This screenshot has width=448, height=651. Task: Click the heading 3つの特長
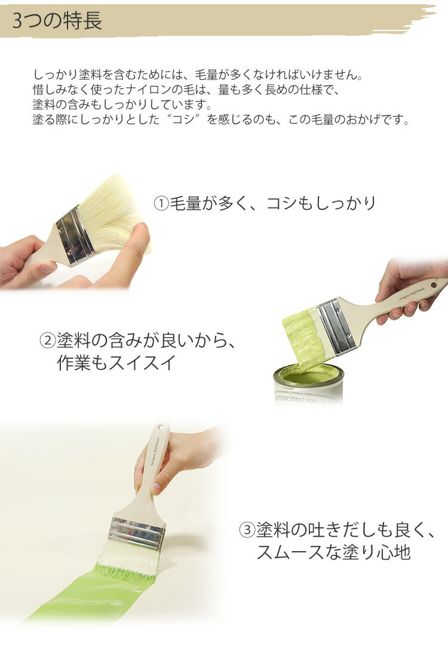point(57,20)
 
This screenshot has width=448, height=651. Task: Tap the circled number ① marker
point(161,204)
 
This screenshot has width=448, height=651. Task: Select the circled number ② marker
point(47,341)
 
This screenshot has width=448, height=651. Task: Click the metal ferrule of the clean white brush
point(75,236)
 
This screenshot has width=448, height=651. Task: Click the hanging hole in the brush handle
point(434,285)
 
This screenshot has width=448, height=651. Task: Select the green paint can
point(308,384)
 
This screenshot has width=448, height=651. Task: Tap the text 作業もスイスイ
point(116,363)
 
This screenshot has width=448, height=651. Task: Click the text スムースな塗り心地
point(333,552)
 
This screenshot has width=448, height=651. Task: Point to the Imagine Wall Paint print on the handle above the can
point(412,294)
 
